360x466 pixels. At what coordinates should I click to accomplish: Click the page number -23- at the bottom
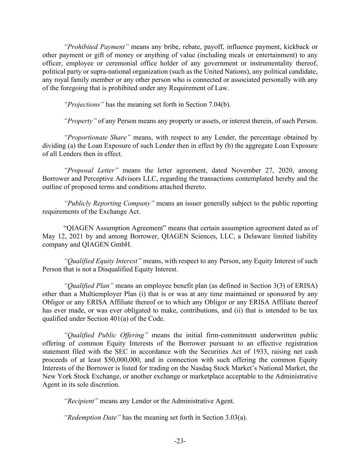click(180, 441)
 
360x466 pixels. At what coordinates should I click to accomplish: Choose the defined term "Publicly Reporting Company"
click(109, 203)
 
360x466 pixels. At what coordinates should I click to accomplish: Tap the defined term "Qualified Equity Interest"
click(103, 261)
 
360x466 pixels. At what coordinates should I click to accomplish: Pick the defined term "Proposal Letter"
click(91, 170)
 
